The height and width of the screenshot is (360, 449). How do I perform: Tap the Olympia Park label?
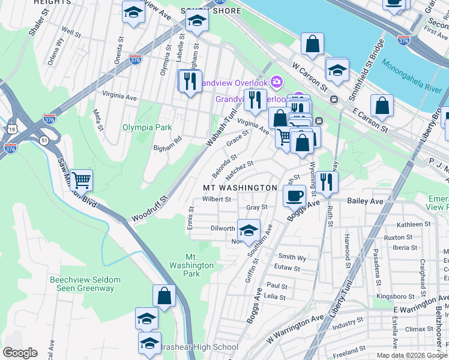(147, 127)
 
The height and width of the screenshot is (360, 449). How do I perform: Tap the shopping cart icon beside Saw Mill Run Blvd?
(82, 179)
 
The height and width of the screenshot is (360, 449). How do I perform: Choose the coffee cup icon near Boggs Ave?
(294, 196)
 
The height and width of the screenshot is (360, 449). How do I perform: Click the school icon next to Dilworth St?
(249, 230)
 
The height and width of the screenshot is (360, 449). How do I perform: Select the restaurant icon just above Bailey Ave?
(326, 181)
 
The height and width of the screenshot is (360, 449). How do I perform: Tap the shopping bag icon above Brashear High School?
(164, 295)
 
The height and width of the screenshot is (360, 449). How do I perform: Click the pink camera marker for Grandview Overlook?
(276, 80)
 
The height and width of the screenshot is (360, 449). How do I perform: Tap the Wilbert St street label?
(216, 199)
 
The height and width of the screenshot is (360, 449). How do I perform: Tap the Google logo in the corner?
(20, 353)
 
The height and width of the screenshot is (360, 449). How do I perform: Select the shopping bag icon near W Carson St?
(312, 44)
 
